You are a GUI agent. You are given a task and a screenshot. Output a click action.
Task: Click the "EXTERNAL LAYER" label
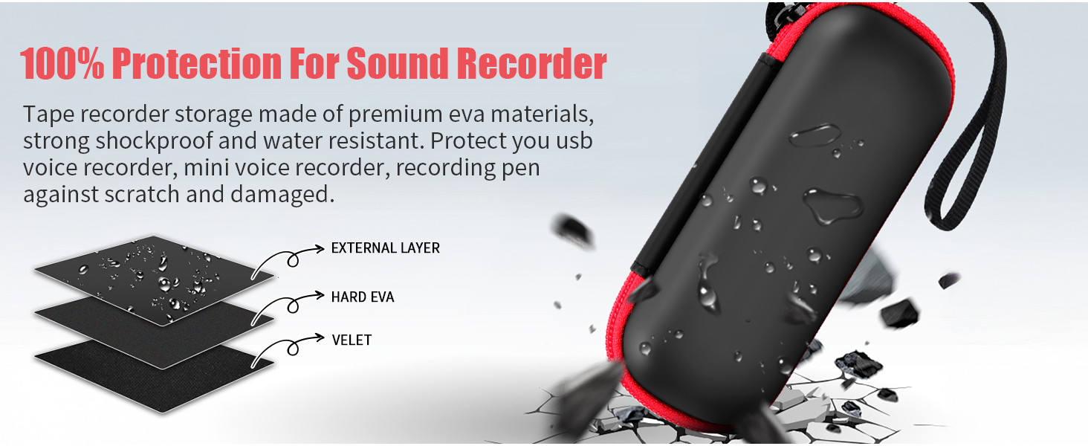pyautogui.click(x=385, y=248)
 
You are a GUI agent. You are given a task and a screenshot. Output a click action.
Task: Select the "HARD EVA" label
pyautogui.click(x=362, y=297)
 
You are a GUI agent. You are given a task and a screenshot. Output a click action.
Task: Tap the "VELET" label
pyautogui.click(x=351, y=340)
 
